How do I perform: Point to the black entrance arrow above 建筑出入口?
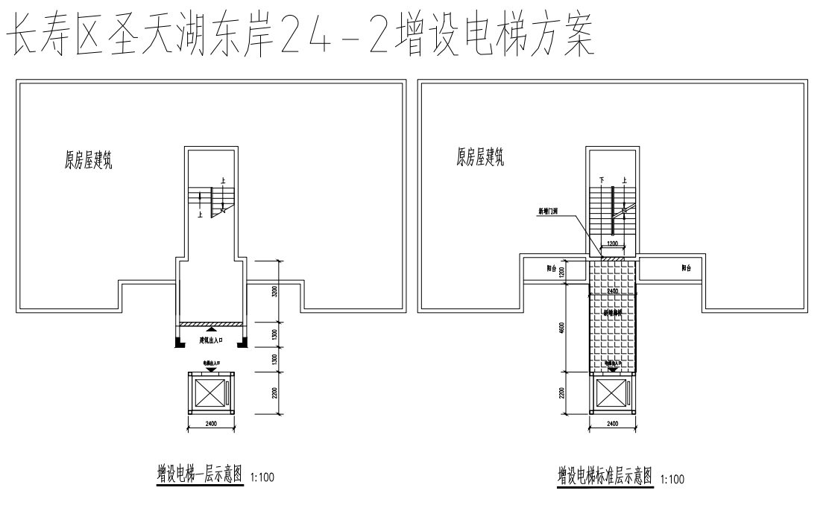[212, 328]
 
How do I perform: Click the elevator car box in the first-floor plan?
[210, 394]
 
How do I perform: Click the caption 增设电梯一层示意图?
[200, 474]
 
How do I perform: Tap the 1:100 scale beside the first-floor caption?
[263, 477]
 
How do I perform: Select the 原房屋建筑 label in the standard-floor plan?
[479, 157]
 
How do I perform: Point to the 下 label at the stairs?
[601, 180]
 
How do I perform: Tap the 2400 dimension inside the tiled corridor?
[613, 290]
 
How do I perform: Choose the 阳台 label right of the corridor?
[685, 268]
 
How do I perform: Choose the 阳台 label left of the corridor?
[549, 268]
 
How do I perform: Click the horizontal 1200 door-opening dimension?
[613, 244]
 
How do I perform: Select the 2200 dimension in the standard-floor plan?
[561, 393]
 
